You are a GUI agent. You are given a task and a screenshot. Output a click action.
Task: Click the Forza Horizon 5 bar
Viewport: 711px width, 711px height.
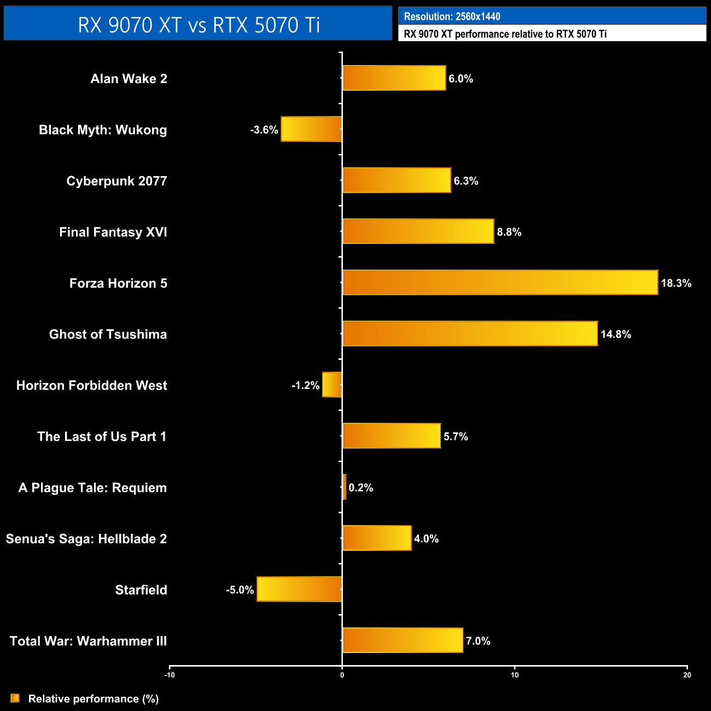click(500, 282)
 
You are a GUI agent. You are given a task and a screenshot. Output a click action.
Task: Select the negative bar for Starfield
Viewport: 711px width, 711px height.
click(299, 589)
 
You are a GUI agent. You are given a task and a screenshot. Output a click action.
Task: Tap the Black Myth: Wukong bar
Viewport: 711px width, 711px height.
click(311, 129)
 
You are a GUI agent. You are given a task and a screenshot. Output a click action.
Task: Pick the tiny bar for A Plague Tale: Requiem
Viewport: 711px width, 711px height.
click(344, 487)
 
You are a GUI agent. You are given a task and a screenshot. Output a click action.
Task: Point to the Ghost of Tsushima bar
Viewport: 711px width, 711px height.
click(470, 334)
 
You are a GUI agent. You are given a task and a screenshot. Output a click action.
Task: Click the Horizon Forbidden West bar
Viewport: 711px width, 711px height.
click(332, 384)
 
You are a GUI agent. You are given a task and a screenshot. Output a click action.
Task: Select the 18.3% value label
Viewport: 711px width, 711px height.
click(676, 283)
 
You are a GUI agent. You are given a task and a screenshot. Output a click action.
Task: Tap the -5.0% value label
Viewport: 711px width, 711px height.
click(240, 590)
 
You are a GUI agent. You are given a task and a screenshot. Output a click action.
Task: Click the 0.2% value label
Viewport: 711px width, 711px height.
click(361, 488)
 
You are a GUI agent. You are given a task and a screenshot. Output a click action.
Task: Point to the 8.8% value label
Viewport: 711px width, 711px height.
click(509, 232)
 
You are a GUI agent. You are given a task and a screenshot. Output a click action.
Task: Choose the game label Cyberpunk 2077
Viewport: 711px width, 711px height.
click(116, 181)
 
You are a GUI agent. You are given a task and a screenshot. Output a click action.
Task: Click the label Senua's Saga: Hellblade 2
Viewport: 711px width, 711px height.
click(86, 539)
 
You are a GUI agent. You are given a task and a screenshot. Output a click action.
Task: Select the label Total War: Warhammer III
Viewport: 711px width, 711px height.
click(89, 641)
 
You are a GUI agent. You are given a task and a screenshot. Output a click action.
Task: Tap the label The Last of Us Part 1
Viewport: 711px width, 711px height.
click(102, 436)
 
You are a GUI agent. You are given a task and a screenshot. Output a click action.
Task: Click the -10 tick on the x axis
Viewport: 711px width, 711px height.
click(170, 675)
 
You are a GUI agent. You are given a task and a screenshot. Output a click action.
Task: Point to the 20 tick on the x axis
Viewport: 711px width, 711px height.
click(687, 675)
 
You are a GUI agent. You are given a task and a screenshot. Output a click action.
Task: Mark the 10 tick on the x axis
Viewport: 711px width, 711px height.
click(515, 675)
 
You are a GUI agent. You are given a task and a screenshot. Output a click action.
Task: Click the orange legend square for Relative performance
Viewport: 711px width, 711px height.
click(15, 698)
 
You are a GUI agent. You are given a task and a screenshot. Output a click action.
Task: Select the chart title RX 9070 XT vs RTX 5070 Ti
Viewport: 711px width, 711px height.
click(199, 25)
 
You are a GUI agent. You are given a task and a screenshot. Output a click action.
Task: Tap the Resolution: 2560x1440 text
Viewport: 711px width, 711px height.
click(452, 16)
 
